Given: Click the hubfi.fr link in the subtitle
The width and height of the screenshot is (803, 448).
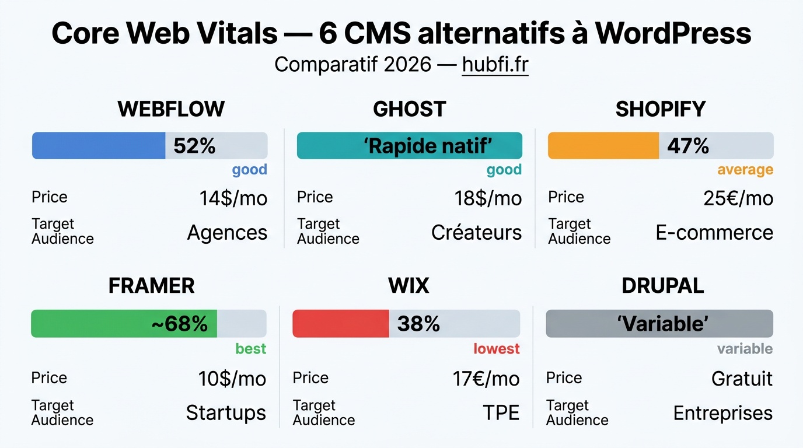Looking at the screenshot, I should coord(495,65).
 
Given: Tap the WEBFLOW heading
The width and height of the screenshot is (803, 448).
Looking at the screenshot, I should coord(171,109).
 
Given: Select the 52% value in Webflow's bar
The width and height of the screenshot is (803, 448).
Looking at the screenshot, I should coord(194,146).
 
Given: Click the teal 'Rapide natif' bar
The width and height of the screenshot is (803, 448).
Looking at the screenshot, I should coord(409,146).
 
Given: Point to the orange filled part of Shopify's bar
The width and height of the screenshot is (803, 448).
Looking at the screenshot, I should coord(603,146).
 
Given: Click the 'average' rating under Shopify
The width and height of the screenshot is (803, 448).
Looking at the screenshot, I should coord(745,170).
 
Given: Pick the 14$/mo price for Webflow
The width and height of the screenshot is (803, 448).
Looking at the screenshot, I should coord(233,198).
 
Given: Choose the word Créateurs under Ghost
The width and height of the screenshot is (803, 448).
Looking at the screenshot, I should coord(476,233).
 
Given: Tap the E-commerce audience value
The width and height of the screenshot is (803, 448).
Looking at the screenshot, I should coord(714,233).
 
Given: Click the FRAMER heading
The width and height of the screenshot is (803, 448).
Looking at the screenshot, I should coord(151,286).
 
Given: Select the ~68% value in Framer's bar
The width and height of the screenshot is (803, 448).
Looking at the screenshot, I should coord(179,324).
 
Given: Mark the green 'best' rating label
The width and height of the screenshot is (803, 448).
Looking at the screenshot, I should coord(250,349).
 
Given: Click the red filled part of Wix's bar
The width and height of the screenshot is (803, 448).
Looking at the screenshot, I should coord(341,324).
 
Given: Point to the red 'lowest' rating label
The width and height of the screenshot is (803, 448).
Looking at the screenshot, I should coord(496,349).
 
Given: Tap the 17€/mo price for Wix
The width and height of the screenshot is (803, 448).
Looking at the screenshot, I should coord(486,379).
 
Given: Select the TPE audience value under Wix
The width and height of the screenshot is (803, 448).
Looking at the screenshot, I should coord(501,413).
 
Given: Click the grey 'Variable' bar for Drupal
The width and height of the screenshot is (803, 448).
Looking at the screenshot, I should coord(659,324).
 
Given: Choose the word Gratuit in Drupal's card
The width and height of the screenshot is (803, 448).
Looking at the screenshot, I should coord(742,379).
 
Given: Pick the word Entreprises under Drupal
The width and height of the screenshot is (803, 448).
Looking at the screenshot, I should coord(722,413).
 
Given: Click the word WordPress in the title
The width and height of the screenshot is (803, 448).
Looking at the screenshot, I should coord(673,34).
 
